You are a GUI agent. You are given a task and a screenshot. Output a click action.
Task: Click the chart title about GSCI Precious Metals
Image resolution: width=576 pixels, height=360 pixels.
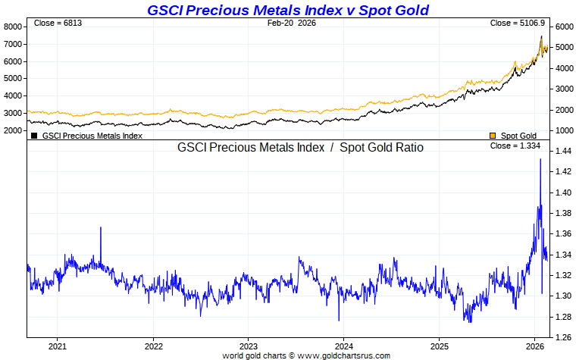pos(288,10)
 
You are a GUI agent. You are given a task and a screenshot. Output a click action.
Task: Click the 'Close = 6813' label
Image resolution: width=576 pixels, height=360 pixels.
pos(58,23)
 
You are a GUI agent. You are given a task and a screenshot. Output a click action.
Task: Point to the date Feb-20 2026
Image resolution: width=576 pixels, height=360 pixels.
pos(292,23)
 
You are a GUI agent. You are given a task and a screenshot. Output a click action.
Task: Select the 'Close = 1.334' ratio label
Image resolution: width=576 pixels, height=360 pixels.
pos(519,146)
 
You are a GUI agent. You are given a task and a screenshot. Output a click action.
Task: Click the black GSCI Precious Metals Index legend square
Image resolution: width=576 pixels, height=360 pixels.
pos(34,136)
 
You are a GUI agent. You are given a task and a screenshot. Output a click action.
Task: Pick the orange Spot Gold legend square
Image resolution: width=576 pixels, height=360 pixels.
pos(493,136)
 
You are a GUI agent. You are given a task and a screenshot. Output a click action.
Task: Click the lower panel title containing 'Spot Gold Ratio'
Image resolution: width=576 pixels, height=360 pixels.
pos(300,147)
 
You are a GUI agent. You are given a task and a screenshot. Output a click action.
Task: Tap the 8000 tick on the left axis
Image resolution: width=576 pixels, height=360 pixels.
pos(13,26)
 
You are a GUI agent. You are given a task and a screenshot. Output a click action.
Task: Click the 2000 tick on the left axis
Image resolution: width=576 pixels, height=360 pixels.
pos(13,130)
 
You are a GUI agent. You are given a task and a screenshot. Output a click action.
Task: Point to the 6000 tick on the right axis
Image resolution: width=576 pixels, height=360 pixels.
pos(562,26)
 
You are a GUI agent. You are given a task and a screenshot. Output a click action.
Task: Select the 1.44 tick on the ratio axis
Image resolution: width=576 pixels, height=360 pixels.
pos(562,152)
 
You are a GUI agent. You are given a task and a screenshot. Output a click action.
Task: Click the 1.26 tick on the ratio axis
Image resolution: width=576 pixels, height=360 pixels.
pos(562,337)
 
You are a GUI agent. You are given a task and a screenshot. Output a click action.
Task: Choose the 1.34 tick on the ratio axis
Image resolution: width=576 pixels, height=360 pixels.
pos(562,255)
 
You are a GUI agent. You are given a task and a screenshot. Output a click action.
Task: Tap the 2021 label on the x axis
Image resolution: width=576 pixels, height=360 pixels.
pos(58,346)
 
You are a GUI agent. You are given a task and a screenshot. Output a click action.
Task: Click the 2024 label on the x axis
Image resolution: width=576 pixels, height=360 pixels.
pos(343,346)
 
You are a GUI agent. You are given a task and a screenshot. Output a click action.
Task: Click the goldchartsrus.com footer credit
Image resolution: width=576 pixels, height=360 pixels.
pos(306,355)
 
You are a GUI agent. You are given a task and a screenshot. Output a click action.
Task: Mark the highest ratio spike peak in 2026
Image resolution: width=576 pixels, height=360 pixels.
pos(540,159)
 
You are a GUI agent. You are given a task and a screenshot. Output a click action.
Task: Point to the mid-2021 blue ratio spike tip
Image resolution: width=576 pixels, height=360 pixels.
pos(101,227)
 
